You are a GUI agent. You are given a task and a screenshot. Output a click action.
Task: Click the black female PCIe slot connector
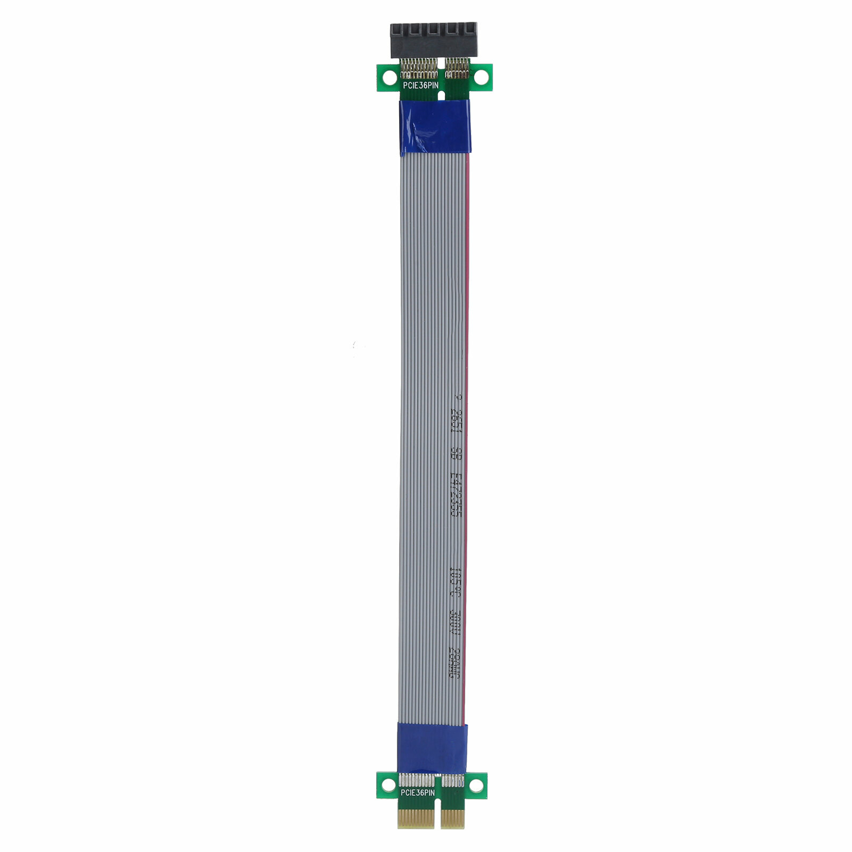pos(434,40)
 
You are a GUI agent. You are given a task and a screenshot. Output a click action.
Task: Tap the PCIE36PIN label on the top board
pos(420,85)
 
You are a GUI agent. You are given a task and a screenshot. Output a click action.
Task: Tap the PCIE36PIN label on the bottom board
pos(418,793)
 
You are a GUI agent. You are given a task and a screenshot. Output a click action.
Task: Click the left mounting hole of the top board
pos(387,77)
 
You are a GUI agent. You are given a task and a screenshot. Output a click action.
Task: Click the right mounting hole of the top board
pos(481,77)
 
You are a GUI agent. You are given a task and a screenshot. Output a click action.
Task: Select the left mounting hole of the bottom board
pos(388,784)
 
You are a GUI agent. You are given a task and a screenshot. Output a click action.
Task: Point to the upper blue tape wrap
pos(434,127)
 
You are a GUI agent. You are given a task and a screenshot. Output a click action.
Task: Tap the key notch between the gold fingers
pos(438,817)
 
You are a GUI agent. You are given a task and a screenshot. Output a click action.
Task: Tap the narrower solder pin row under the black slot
pos(457,68)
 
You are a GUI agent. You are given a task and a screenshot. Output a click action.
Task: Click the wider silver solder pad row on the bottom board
pos(417,781)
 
